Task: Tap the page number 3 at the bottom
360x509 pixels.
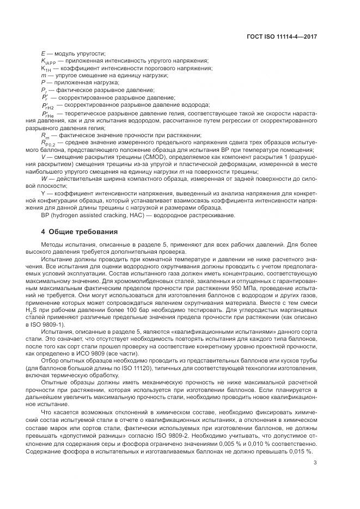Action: [x=316, y=463]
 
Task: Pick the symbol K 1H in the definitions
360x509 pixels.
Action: [x=47, y=71]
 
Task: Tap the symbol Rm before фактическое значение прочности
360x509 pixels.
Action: [x=45, y=136]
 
